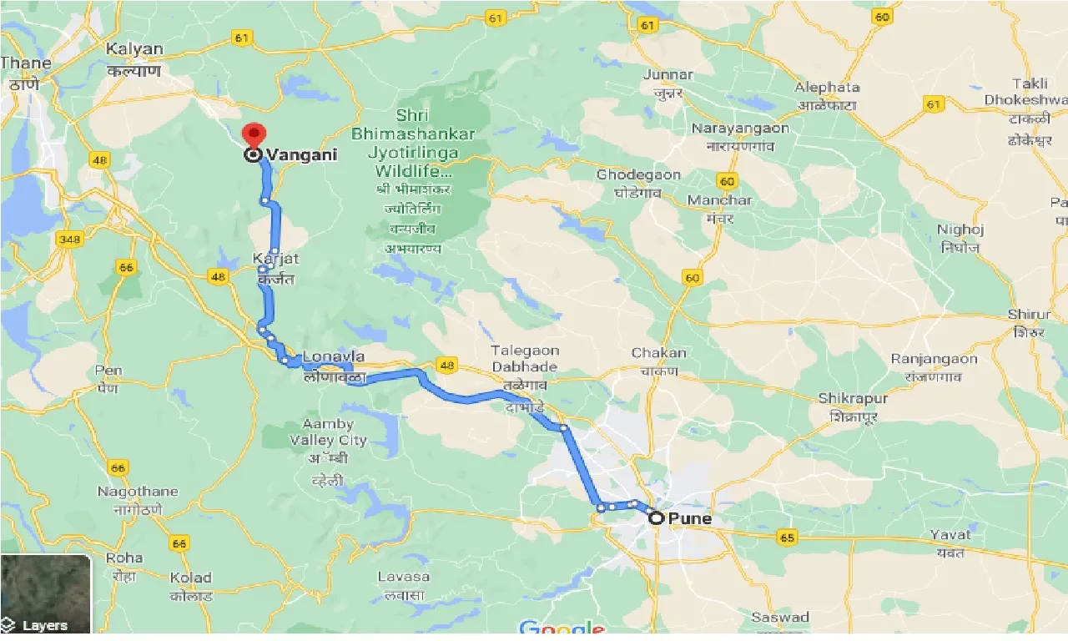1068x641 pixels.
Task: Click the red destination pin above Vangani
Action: point(253,134)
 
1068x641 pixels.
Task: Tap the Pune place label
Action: point(690,518)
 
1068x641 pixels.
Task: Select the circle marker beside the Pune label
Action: point(657,518)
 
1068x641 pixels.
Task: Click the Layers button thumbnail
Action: point(45,593)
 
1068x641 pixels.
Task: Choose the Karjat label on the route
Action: point(275,260)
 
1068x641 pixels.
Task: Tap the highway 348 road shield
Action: point(69,240)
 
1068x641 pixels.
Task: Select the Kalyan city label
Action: point(134,50)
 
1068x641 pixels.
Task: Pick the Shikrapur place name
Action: point(853,399)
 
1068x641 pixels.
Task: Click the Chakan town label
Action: point(658,353)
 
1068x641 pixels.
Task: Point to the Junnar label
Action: point(667,75)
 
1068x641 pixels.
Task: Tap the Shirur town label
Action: point(1030,315)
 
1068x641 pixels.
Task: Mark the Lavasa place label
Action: point(404,577)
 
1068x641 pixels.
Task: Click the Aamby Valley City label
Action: point(328,432)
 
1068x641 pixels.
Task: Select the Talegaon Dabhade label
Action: point(525,358)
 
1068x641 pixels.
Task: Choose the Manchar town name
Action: point(719,200)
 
